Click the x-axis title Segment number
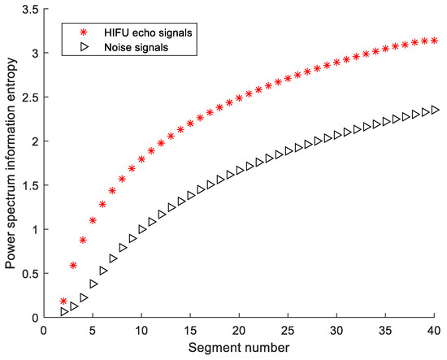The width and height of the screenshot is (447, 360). click(x=241, y=347)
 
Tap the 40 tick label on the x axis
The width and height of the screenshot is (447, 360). click(x=434, y=331)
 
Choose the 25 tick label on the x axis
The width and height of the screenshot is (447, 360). click(x=288, y=331)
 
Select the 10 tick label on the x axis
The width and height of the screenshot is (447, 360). click(x=141, y=331)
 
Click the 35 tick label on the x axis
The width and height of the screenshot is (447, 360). click(x=385, y=331)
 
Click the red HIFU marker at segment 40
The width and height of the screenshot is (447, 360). click(x=434, y=40)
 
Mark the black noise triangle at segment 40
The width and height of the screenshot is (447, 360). click(x=434, y=110)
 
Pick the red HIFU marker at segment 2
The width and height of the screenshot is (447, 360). click(x=63, y=301)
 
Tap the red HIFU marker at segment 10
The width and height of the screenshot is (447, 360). click(x=141, y=159)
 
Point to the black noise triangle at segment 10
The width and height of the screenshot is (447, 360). click(x=141, y=229)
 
